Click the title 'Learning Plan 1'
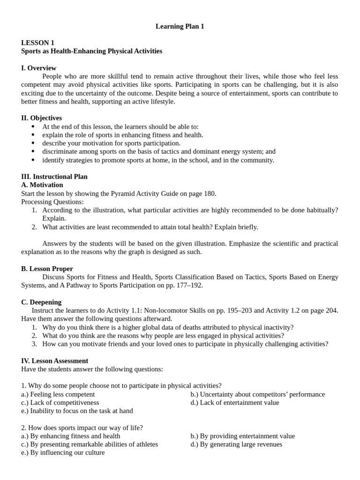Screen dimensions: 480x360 180,27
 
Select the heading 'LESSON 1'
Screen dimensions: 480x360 37,43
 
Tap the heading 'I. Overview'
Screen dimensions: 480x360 38,68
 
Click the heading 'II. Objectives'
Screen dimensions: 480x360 41,118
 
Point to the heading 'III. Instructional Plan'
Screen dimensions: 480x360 54,177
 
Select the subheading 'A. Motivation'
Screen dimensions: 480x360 42,185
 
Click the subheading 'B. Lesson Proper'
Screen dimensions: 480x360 47,269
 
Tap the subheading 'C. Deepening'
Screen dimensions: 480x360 41,302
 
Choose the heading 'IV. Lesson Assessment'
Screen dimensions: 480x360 54,361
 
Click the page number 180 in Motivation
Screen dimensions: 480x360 210,194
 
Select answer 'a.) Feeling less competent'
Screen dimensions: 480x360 58,394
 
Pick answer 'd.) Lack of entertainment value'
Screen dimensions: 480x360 234,403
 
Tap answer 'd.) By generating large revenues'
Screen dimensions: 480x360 236,444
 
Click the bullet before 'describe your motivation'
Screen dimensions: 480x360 33,143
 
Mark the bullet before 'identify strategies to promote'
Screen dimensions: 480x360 33,160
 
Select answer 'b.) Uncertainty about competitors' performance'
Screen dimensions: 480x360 257,394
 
